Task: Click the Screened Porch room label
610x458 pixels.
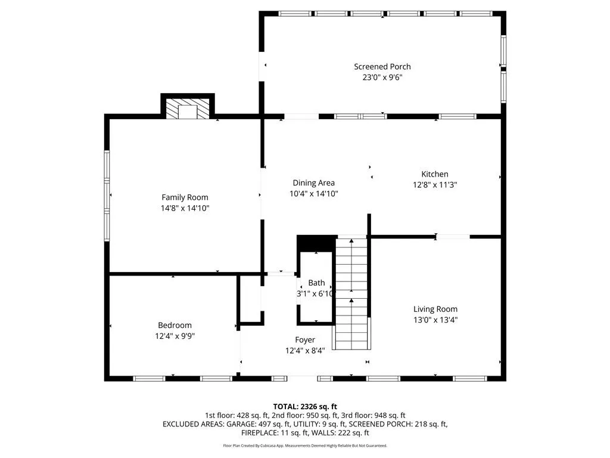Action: pos(382,67)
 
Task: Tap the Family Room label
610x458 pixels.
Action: pos(185,197)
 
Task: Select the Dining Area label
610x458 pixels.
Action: pos(313,182)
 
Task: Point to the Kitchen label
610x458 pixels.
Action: pos(434,174)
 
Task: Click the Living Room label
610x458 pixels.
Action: pos(435,310)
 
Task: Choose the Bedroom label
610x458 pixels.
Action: pos(175,325)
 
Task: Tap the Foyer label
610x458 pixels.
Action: pos(305,340)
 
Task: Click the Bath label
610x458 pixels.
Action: pos(316,283)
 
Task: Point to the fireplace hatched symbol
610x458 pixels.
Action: pos(188,109)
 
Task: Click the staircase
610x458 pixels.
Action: pos(351,293)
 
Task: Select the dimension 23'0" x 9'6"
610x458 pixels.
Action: pos(382,77)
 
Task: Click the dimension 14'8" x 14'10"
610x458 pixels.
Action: pos(185,208)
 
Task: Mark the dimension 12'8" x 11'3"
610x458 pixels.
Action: pos(434,185)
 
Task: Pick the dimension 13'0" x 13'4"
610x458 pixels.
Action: pos(435,320)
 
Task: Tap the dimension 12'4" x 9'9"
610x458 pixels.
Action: pos(175,336)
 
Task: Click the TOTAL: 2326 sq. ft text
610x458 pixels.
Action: pos(305,407)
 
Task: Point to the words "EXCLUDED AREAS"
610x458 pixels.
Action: pos(193,424)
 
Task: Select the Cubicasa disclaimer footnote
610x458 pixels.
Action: pos(305,445)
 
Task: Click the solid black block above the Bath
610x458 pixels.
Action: pos(316,244)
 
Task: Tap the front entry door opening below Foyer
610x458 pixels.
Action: pos(303,378)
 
